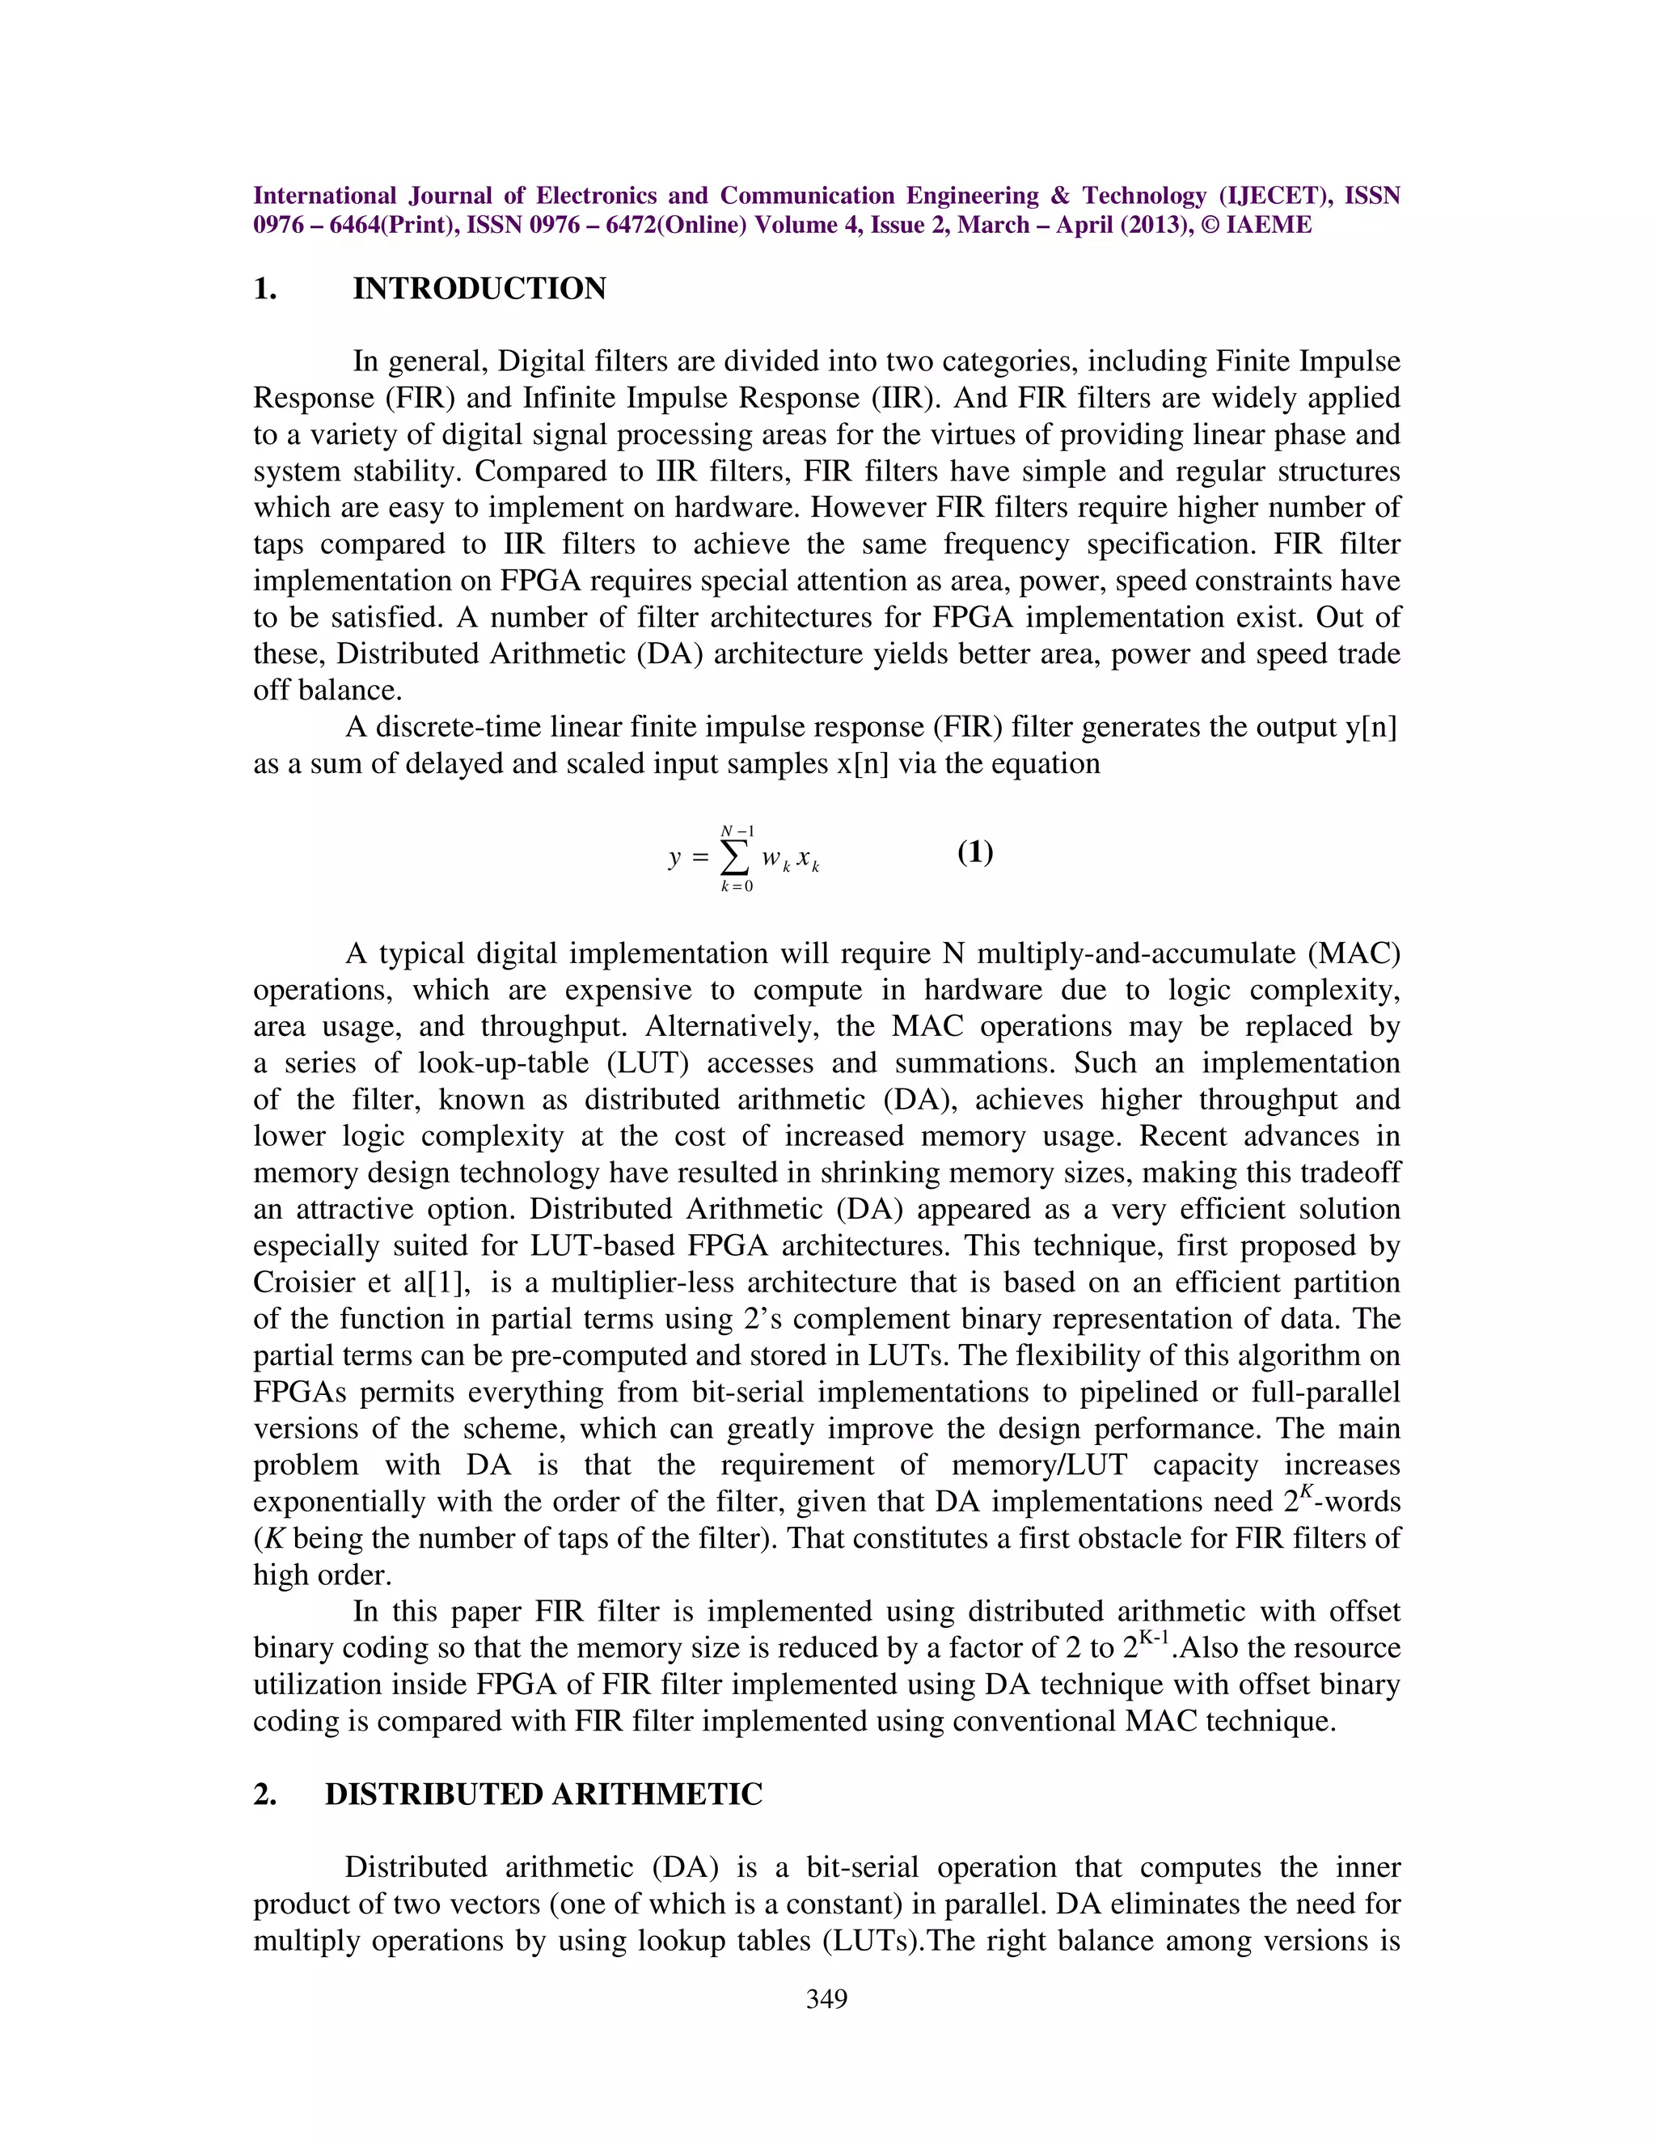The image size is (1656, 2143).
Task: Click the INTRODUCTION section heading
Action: click(x=479, y=290)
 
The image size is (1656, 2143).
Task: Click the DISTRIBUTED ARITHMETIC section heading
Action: click(x=543, y=1794)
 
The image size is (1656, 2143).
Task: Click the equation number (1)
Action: click(x=975, y=852)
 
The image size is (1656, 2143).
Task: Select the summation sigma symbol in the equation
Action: click(x=736, y=857)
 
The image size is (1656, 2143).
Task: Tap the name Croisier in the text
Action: click(x=299, y=1283)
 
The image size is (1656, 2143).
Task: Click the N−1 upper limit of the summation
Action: click(x=737, y=831)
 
